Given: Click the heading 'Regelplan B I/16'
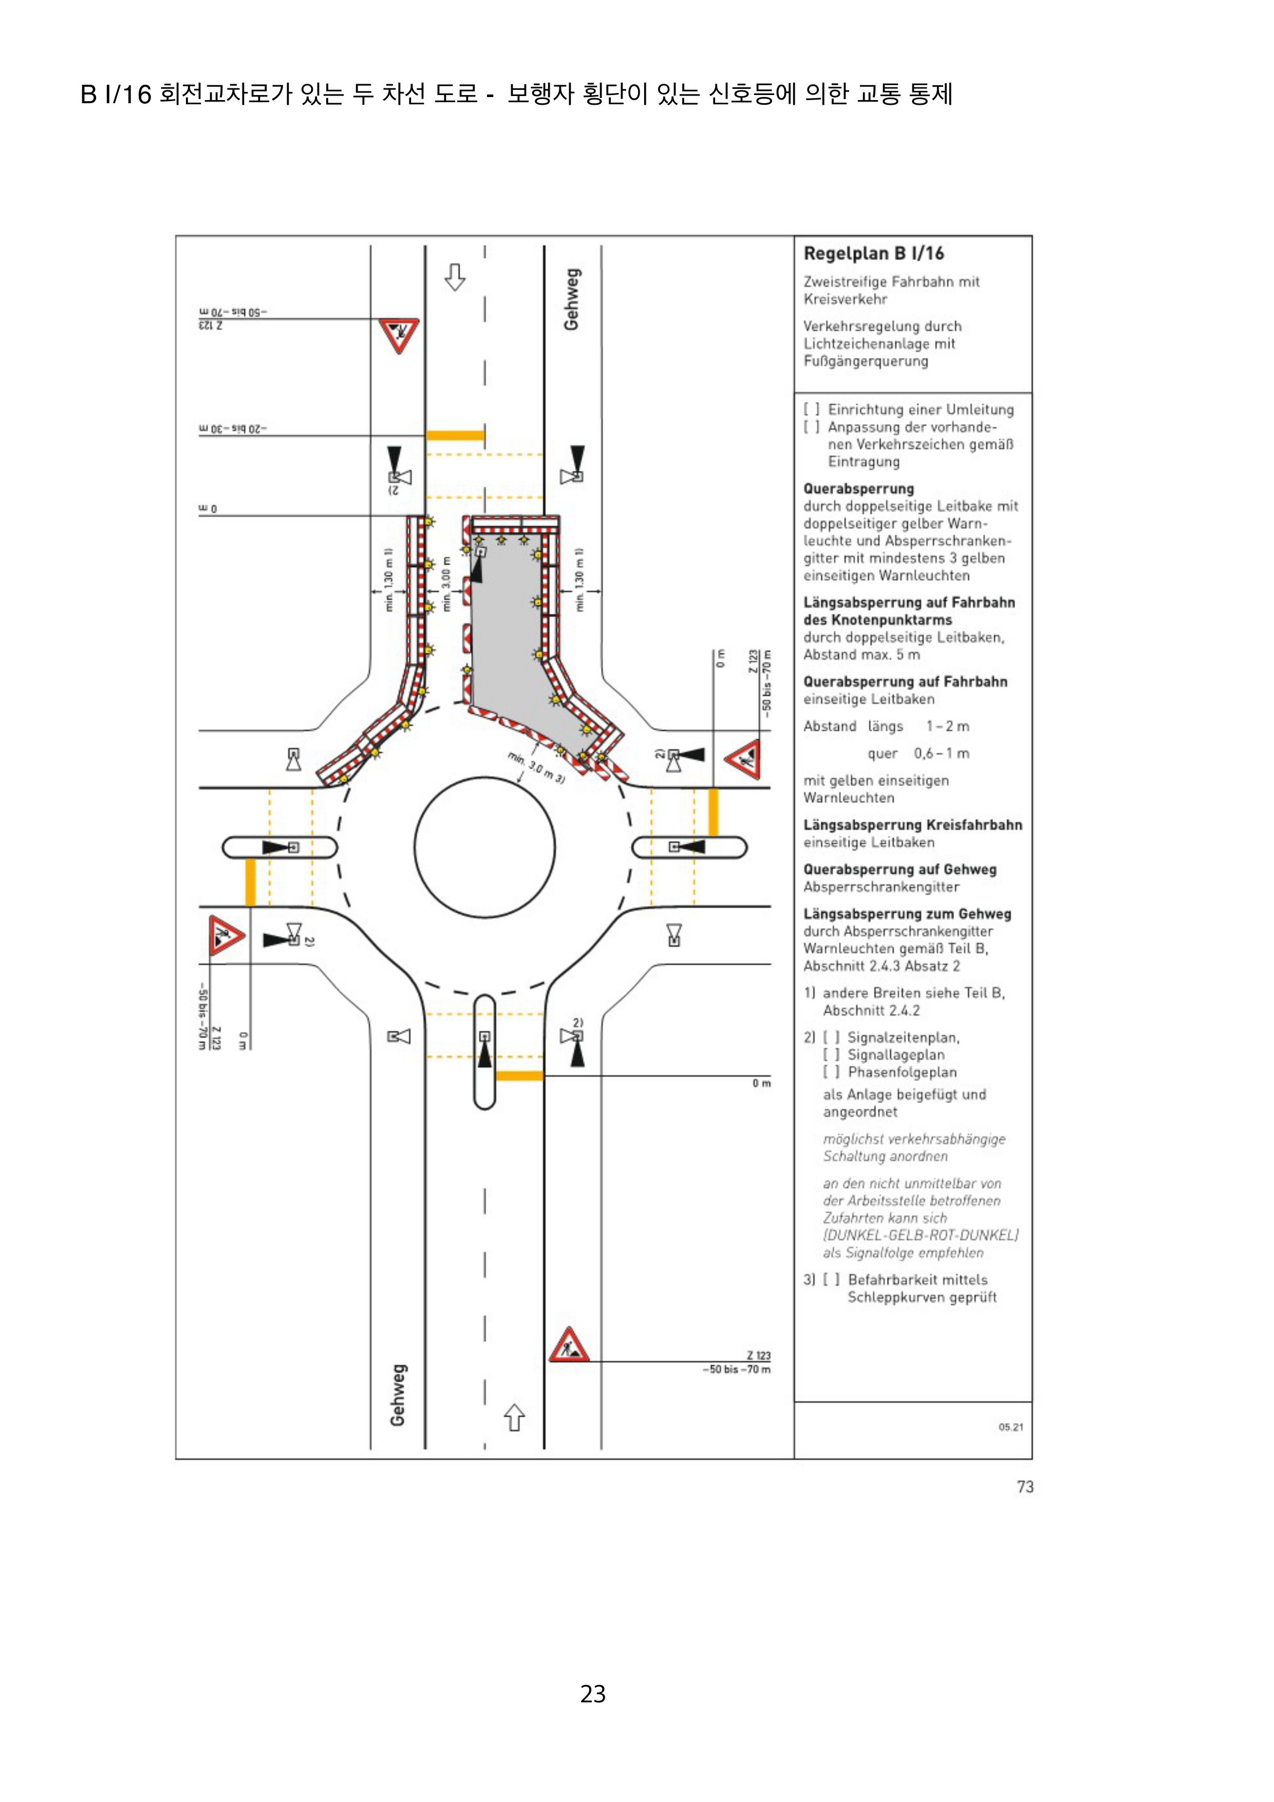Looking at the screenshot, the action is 873,254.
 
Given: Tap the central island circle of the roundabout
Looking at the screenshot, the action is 484,847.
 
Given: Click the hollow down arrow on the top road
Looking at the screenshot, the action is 455,276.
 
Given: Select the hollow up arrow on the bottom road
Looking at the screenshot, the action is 514,1417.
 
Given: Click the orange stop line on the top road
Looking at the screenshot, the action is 455,435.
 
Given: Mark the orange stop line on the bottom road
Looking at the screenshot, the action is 520,1075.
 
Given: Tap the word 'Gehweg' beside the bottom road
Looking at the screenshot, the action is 398,1395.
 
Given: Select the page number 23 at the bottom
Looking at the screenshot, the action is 593,1694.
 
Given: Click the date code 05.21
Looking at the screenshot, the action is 1010,1427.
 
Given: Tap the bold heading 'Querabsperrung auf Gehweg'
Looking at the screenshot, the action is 900,869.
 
